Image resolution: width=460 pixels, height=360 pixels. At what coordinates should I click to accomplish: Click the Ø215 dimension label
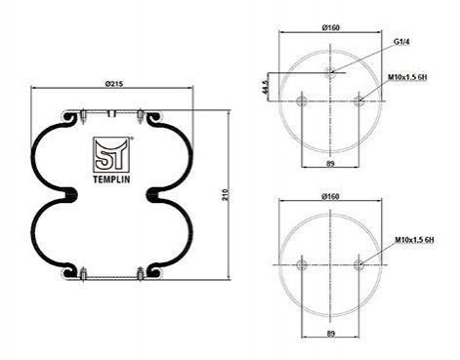click(114, 84)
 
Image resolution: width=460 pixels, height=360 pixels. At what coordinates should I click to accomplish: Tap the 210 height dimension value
click(227, 194)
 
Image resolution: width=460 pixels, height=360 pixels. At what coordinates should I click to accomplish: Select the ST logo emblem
click(111, 154)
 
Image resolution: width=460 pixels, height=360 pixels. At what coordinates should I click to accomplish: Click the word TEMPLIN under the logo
click(111, 180)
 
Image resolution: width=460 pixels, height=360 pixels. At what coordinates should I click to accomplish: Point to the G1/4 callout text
click(401, 42)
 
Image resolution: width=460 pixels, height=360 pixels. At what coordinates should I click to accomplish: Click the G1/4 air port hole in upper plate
click(330, 72)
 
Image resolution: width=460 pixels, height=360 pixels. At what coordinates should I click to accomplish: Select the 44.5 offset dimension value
click(266, 87)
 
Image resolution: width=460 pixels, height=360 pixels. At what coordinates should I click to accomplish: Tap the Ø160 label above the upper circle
click(331, 27)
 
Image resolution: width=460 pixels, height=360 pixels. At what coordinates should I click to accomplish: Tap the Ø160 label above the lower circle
click(330, 196)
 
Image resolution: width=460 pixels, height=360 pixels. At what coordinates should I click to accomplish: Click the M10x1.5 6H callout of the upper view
click(407, 77)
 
